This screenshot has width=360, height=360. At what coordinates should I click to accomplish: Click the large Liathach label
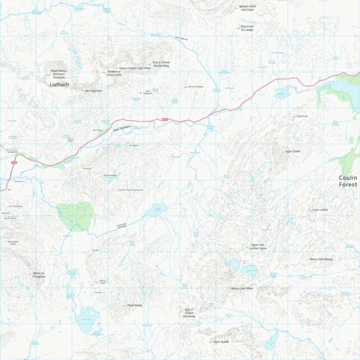pos(59,85)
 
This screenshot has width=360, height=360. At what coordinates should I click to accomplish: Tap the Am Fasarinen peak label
pos(94,90)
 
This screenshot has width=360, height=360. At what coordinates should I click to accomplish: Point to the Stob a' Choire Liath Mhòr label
pos(135,68)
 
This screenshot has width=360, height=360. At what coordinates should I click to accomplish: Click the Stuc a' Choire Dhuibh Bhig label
pos(161,64)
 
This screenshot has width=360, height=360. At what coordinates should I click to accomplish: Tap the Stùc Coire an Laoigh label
pos(247,28)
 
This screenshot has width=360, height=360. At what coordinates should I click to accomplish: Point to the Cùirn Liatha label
pos(320,209)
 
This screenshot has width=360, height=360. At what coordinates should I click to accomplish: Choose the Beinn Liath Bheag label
pos(321,259)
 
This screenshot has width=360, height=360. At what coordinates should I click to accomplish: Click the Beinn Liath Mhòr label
pos(242,289)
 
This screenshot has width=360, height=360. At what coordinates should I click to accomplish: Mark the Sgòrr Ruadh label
pos(221,341)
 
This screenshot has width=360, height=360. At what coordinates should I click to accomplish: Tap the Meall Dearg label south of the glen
pos(135,306)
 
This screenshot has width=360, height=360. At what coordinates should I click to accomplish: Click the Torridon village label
pos(11,152)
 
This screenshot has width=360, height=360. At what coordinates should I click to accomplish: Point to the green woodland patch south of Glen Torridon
pos(75,215)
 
